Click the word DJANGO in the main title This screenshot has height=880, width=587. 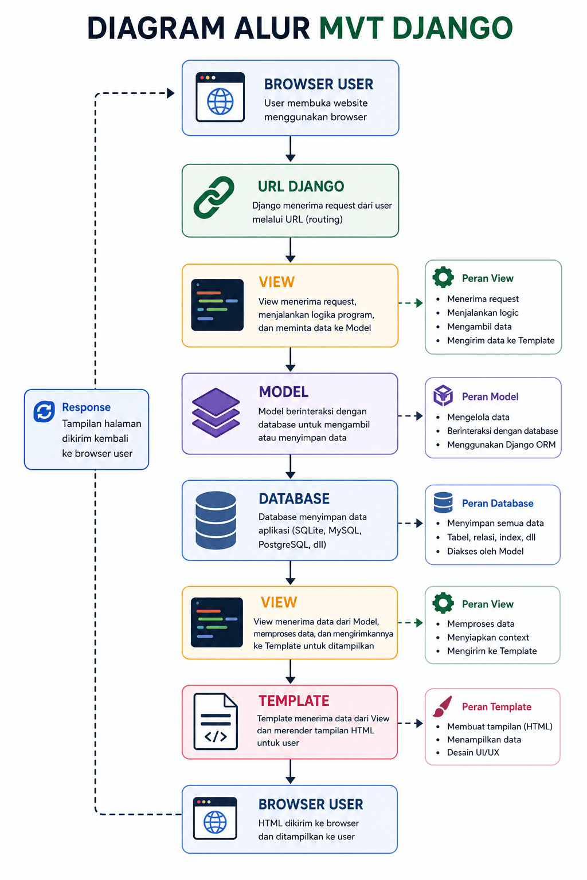[452, 28]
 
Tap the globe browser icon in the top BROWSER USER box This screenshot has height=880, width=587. [220, 97]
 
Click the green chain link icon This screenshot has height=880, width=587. [213, 197]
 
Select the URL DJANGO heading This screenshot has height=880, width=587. [301, 186]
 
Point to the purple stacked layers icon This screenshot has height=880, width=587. [216, 412]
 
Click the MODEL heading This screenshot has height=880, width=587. [284, 392]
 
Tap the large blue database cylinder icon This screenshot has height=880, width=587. [216, 520]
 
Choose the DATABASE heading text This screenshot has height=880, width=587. [294, 498]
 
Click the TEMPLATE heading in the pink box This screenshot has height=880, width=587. [293, 701]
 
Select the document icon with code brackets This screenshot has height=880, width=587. [216, 721]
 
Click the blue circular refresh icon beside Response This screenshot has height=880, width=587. [44, 411]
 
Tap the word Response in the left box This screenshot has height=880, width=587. [86, 407]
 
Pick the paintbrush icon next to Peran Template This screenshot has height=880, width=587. [443, 706]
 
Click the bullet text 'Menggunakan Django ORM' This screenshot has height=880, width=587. [501, 445]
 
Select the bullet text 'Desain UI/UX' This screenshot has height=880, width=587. [473, 752]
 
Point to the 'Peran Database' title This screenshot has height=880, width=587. [498, 503]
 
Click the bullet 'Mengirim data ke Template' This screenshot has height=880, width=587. [501, 340]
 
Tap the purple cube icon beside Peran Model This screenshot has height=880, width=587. [443, 396]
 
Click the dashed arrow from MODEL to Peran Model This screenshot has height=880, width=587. [410, 415]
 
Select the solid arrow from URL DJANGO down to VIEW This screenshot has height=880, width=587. [290, 250]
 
